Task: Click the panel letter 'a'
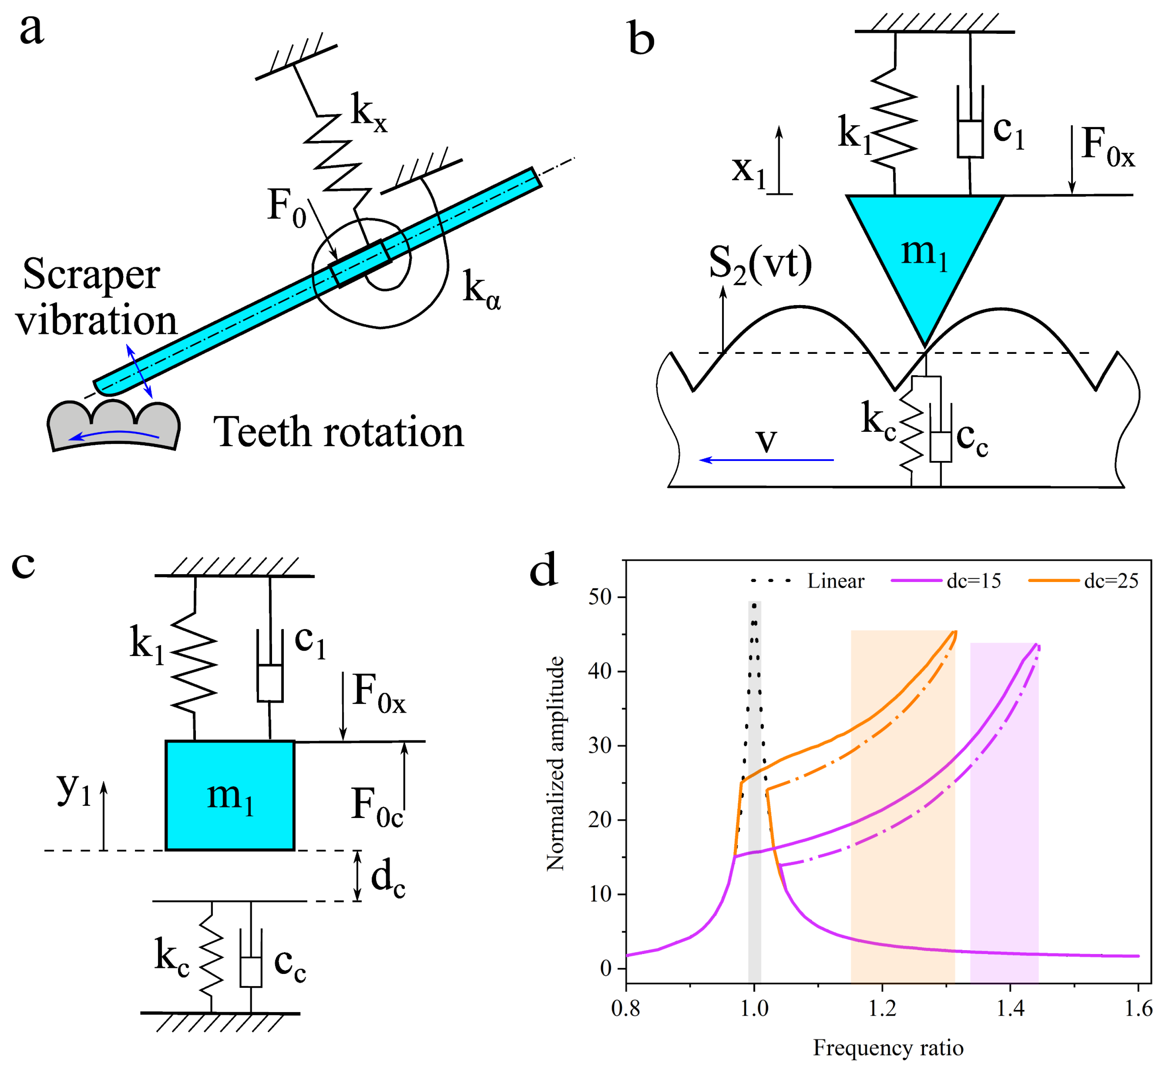(32, 30)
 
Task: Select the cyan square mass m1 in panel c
(230, 795)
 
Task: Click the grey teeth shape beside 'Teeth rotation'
(113, 425)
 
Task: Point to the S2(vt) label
(760, 265)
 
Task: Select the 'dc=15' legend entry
(946, 581)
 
